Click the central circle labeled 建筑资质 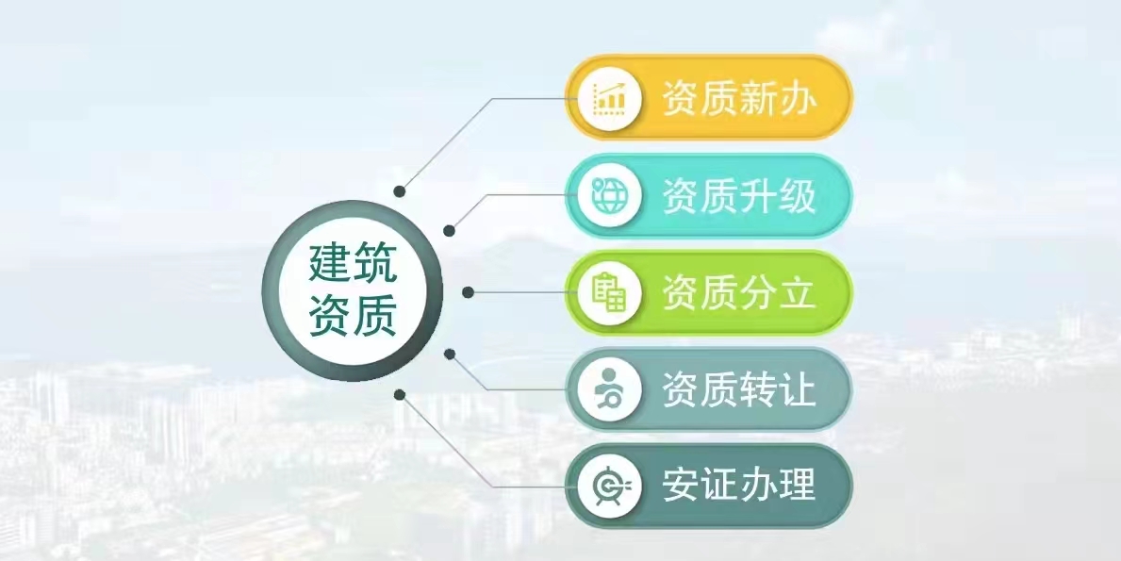[353, 290]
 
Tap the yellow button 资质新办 [708, 98]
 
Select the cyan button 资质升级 [708, 196]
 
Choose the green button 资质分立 [708, 292]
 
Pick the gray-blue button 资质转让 [708, 389]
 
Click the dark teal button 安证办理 [708, 486]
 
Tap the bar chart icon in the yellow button [609, 99]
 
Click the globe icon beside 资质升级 [608, 196]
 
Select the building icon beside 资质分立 [609, 292]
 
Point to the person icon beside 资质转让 [608, 389]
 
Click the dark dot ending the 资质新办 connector [400, 191]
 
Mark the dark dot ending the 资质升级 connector [449, 231]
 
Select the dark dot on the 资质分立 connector [469, 292]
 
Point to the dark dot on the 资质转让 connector [450, 354]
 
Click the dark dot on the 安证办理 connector [400, 394]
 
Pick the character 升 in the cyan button [756, 196]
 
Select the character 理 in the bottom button [797, 486]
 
